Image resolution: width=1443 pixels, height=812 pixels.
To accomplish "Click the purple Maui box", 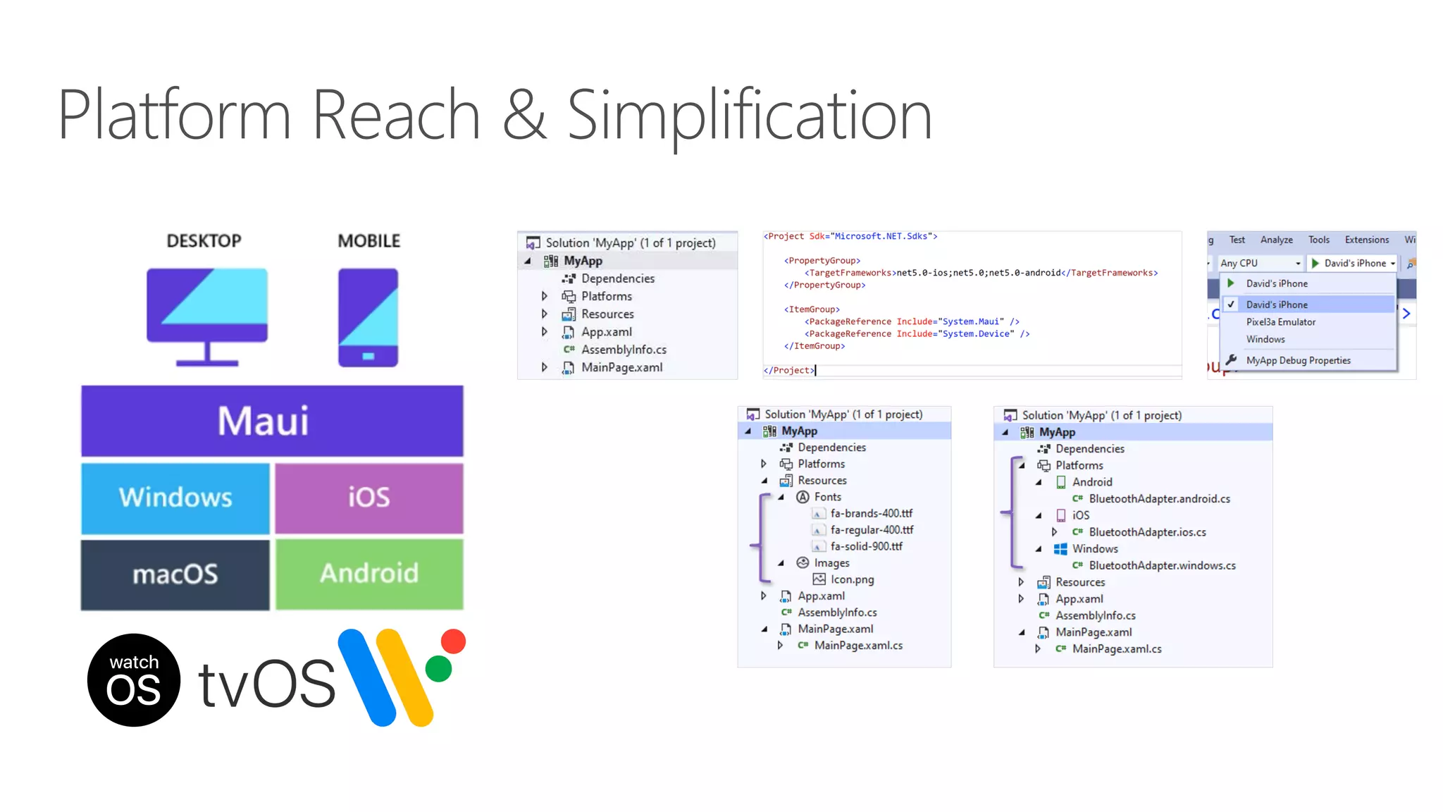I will (x=272, y=421).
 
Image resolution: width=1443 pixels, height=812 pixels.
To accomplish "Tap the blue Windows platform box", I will (x=175, y=498).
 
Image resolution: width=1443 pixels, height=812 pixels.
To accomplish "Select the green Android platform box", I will (x=369, y=574).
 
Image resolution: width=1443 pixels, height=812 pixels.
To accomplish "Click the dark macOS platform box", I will (x=175, y=574).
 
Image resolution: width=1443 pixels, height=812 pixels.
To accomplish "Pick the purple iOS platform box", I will (x=369, y=498).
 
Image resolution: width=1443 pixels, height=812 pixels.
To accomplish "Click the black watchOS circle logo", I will (x=134, y=680).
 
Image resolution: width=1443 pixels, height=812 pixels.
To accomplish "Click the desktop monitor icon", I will (x=207, y=316).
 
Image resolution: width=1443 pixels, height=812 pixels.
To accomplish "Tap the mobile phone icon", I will (x=368, y=317).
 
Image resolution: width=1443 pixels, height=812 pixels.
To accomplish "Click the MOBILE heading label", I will (x=369, y=241).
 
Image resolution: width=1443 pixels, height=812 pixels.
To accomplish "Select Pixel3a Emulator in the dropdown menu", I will (x=1280, y=322).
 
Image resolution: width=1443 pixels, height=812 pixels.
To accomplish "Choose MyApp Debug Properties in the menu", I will (x=1298, y=360).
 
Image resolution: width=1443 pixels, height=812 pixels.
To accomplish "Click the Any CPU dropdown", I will (x=1260, y=263).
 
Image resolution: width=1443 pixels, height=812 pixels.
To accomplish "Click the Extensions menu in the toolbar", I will (x=1366, y=240).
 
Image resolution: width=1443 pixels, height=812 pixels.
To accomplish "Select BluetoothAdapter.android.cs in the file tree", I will (x=1159, y=499).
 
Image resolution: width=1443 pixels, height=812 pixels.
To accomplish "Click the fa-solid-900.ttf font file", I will (x=866, y=546).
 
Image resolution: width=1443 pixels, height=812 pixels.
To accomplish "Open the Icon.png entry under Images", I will (x=852, y=579).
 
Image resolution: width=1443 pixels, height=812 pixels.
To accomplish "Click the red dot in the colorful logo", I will (x=453, y=641).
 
